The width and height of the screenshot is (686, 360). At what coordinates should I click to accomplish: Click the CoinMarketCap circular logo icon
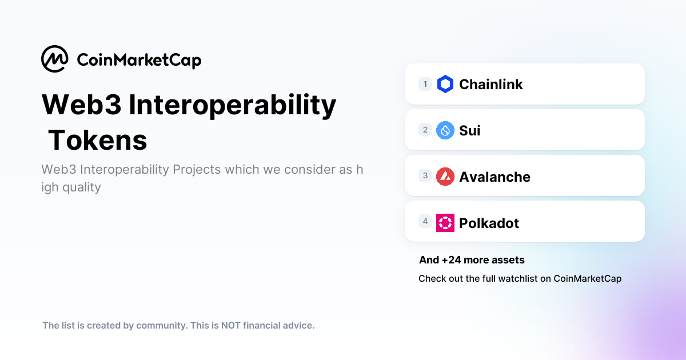(x=55, y=59)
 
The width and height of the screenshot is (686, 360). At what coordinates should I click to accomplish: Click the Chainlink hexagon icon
(x=445, y=85)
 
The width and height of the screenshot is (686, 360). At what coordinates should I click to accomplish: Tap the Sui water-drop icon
(x=445, y=130)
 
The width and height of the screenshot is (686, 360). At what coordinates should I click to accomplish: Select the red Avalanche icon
(x=445, y=177)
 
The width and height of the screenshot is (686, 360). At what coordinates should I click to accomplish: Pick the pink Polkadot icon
(x=445, y=223)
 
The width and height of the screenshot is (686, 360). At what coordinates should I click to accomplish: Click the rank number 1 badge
(x=425, y=84)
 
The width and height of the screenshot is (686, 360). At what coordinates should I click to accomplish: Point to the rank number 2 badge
(x=425, y=130)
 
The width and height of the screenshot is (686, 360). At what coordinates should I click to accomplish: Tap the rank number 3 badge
(x=425, y=175)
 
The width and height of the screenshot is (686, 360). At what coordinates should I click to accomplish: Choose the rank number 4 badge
(x=425, y=221)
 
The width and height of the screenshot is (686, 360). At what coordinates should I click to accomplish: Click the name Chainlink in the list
(x=491, y=85)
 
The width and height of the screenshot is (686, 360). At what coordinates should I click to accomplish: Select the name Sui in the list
(x=470, y=131)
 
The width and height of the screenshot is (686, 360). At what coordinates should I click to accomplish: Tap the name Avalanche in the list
(x=494, y=177)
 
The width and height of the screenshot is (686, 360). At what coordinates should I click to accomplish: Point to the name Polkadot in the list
(x=489, y=223)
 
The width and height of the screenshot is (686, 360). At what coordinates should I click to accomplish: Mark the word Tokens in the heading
(x=98, y=141)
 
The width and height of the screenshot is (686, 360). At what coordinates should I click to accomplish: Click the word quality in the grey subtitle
(x=82, y=187)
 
